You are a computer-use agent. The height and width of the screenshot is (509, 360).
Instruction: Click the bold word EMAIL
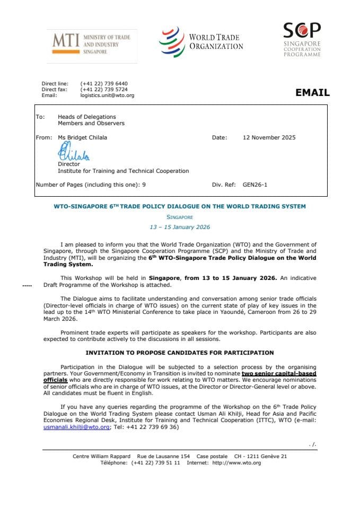point(312,93)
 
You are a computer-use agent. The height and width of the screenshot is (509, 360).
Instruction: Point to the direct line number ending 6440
point(104,84)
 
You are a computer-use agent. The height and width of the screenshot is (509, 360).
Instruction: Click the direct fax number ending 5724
point(104,90)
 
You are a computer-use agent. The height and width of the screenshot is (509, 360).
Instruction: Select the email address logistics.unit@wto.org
point(107,95)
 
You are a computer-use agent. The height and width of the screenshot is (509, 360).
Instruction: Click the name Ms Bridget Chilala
point(82,137)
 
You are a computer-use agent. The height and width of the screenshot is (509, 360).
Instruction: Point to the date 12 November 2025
point(269,137)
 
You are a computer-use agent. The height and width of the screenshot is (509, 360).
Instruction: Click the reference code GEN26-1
point(255,185)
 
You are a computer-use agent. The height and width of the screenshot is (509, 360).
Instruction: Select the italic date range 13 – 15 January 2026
point(180,227)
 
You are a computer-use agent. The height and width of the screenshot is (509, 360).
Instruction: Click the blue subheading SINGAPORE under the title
point(180,217)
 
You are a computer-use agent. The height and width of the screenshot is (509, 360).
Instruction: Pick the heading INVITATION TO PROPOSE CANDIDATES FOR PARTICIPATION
point(180,353)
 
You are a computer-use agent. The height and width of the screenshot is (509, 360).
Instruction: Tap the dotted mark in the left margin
point(27,285)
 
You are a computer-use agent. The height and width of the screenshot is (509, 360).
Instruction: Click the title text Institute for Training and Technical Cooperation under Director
point(123,171)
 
